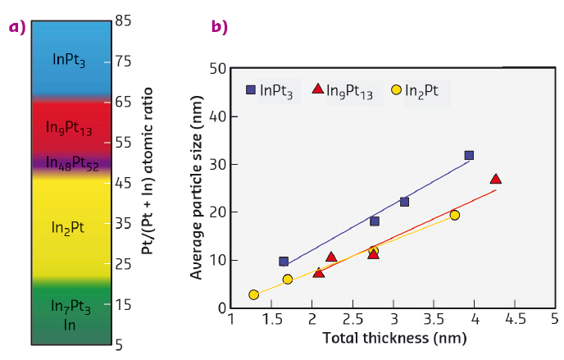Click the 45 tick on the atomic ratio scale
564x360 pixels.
click(124, 183)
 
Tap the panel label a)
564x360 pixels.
click(17, 27)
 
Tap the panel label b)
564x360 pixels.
click(220, 27)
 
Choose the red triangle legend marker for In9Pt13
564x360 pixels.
click(319, 89)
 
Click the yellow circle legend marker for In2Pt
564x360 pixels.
click(397, 89)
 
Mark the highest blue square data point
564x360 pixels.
click(469, 155)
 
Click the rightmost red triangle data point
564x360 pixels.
click(495, 179)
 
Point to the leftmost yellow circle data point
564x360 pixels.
click(254, 294)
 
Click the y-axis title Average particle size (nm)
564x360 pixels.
click(197, 188)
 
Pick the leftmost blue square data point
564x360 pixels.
click(284, 262)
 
